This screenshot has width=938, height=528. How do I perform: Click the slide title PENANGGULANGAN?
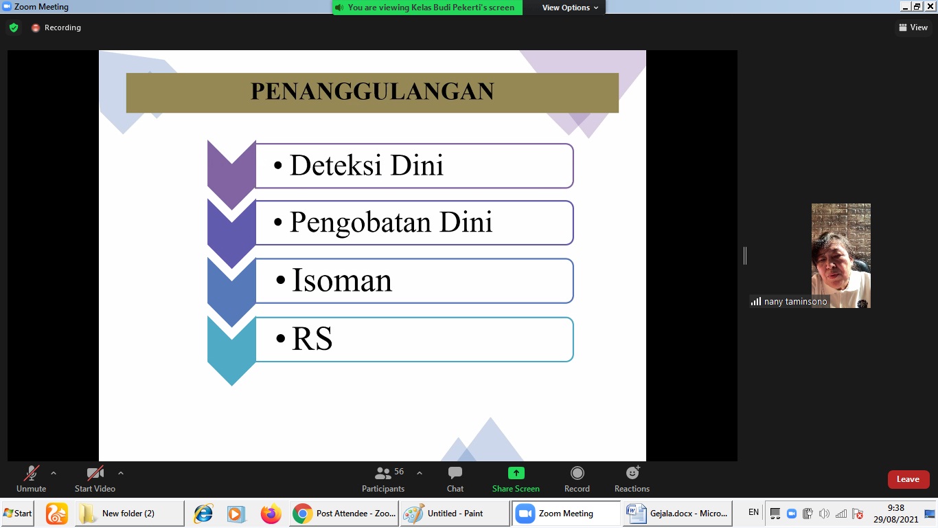(x=372, y=91)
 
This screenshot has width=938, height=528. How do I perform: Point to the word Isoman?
(x=342, y=280)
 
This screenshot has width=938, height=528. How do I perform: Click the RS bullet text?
(x=312, y=338)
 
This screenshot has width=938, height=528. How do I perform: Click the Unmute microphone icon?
(x=32, y=473)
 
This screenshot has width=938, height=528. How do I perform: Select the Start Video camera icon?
(x=95, y=473)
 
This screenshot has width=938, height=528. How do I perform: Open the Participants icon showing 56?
(x=382, y=473)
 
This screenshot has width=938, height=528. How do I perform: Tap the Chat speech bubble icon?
(x=455, y=473)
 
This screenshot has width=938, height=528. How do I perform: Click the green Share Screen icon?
(x=516, y=473)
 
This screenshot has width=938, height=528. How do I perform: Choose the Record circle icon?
(x=577, y=473)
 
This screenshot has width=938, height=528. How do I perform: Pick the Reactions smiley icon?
(x=632, y=472)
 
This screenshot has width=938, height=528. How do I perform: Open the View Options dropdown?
(x=570, y=8)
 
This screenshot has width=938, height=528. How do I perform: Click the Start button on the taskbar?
(x=17, y=513)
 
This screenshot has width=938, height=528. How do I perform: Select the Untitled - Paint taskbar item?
(x=455, y=513)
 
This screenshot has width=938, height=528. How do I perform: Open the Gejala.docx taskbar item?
(x=678, y=513)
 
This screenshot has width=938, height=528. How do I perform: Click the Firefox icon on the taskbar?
(x=271, y=514)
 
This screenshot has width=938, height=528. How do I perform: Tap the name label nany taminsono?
(x=795, y=302)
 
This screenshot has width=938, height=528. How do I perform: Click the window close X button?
(x=930, y=6)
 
